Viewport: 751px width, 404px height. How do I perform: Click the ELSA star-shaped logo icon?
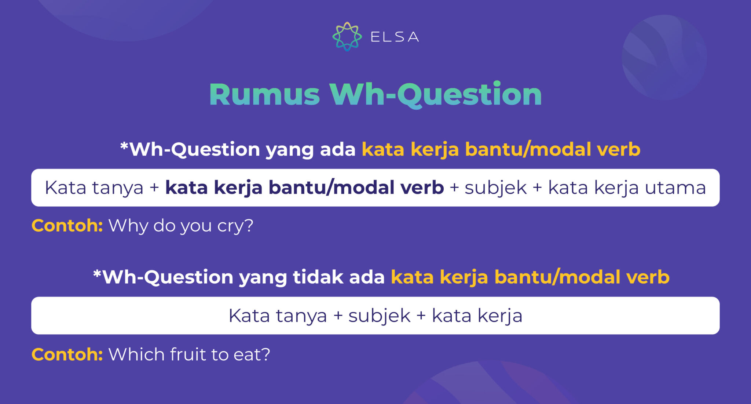click(x=347, y=36)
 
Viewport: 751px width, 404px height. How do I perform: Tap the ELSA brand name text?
click(x=395, y=37)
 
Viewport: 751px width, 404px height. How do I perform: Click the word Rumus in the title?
click(x=264, y=95)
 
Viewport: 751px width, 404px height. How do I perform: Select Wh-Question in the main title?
click(x=436, y=95)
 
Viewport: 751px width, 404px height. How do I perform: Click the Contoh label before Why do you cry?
click(x=67, y=225)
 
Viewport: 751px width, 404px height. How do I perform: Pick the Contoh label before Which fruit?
click(x=67, y=354)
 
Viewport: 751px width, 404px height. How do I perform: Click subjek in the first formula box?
click(x=495, y=188)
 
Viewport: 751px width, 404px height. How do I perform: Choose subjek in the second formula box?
click(x=379, y=316)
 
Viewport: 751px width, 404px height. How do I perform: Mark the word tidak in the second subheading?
click(x=318, y=277)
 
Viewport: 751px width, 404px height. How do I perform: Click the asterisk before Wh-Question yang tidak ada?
click(x=97, y=274)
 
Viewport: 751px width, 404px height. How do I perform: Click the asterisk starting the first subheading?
click(x=124, y=146)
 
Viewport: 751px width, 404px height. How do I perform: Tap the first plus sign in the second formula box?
click(x=338, y=316)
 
